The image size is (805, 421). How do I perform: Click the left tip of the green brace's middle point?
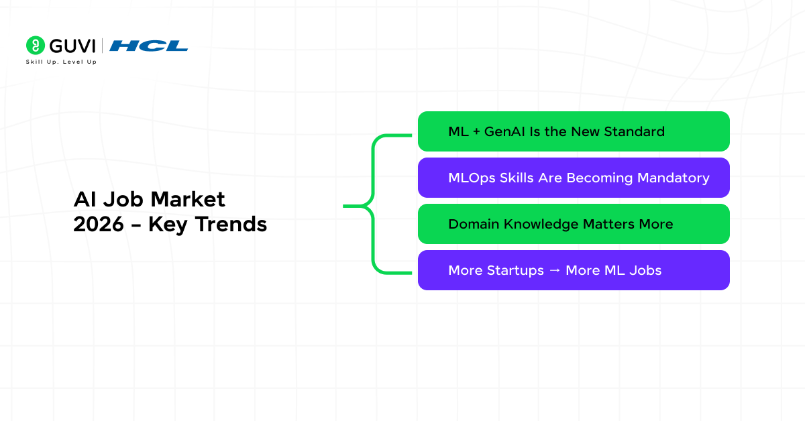coord(343,206)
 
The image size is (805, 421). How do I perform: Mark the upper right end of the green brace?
coord(411,135)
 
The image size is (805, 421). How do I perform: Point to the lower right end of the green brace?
coord(411,273)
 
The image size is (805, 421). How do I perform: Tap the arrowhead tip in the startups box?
coord(560,270)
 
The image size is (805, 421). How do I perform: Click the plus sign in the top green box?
coord(476,132)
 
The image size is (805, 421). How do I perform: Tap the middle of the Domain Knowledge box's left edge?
coord(418,224)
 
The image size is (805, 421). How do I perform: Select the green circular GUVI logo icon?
coord(35,46)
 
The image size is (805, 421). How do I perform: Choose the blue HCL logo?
coord(148,46)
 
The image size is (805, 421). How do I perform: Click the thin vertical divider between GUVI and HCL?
coord(103,46)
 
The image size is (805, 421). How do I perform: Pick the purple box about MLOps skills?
coord(574,178)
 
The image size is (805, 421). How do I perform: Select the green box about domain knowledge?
coord(574,224)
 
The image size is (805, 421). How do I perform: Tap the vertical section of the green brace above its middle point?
coord(374,169)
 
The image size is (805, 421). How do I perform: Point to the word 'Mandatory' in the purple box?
coord(673,178)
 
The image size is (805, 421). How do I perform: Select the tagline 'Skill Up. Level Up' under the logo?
coord(61,62)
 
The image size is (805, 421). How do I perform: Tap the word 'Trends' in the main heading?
coord(231,224)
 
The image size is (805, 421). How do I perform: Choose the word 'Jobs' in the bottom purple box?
coord(645,270)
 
